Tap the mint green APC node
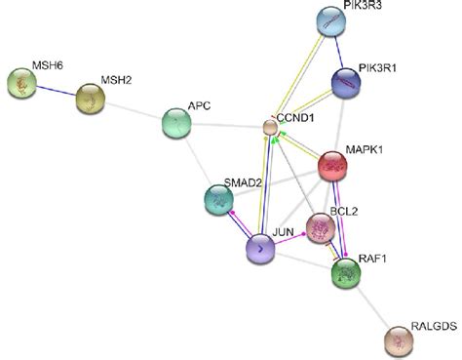tap(176, 124)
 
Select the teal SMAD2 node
tap(219, 199)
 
